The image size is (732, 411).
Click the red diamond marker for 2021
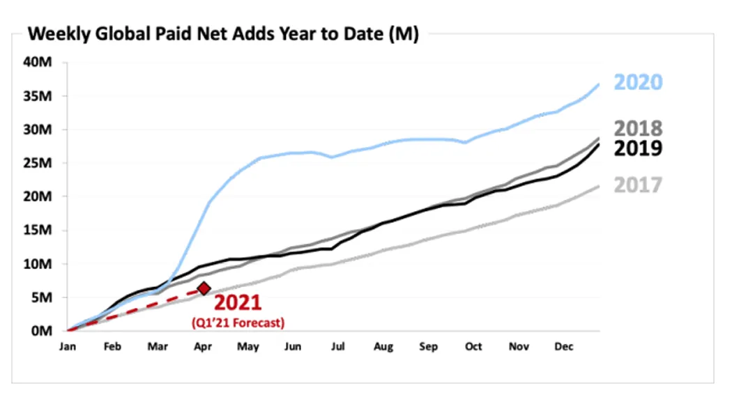(204, 288)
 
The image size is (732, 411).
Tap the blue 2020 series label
(638, 82)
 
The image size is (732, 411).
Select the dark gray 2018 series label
(638, 129)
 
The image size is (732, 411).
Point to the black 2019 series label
(638, 148)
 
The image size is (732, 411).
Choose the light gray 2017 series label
(638, 185)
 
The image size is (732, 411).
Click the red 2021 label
(237, 303)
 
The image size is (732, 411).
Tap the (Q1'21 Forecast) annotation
(238, 323)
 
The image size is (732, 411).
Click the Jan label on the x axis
(68, 347)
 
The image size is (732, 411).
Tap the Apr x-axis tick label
(203, 347)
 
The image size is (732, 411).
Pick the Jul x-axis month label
(337, 347)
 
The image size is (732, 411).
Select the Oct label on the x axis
(473, 347)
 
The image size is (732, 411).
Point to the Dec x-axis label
(563, 347)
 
